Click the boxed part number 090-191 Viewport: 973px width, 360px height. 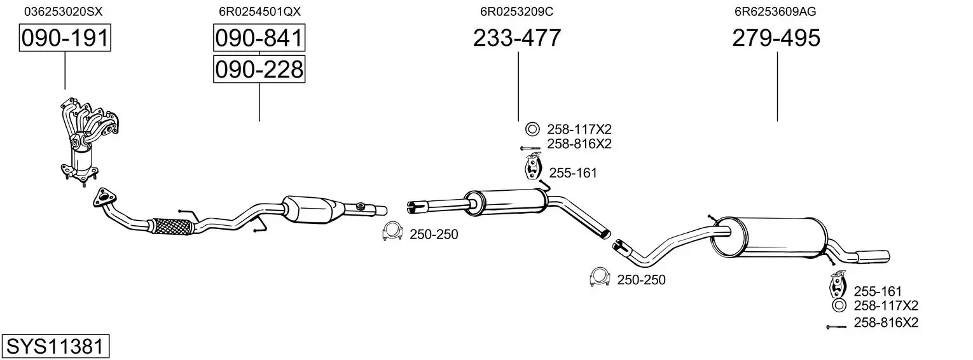[65, 38]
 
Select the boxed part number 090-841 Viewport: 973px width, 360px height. [259, 38]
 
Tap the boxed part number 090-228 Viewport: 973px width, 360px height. [259, 69]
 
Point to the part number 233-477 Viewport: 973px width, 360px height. [517, 38]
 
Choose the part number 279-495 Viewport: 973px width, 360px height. [776, 38]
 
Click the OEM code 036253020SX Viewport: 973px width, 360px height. [64, 11]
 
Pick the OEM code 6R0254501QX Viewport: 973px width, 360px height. [259, 11]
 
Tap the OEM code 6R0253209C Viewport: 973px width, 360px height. [516, 11]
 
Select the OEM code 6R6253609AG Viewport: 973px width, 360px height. [775, 11]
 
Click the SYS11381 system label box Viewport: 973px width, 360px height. [55, 347]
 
